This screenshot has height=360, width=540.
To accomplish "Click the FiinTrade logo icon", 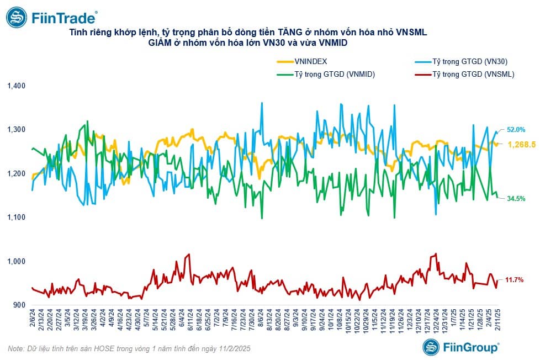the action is pyautogui.click(x=17, y=17).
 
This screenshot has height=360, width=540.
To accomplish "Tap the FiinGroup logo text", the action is pyautogui.click(x=470, y=347).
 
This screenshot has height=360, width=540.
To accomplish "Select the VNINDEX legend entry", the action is pyautogui.click(x=302, y=62).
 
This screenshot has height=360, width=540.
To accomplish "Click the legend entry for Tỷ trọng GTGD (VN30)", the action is pyautogui.click(x=461, y=62).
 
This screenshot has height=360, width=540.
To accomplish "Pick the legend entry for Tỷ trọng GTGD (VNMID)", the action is pyautogui.click(x=326, y=74).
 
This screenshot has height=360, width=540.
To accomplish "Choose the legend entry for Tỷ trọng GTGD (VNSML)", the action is pyautogui.click(x=464, y=74).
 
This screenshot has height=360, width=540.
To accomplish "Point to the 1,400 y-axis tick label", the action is pyautogui.click(x=16, y=86).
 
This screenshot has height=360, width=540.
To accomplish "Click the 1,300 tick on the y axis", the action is pyautogui.click(x=16, y=130).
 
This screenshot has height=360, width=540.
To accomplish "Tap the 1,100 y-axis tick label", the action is pyautogui.click(x=16, y=218).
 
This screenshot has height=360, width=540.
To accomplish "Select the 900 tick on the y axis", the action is pyautogui.click(x=19, y=305).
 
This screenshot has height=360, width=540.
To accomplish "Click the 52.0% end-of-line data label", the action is pyautogui.click(x=516, y=130).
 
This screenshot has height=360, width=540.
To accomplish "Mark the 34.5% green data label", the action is pyautogui.click(x=516, y=198).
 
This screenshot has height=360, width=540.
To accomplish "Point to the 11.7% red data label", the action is pyautogui.click(x=514, y=280).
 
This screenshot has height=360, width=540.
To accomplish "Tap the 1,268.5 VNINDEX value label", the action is pyautogui.click(x=521, y=144).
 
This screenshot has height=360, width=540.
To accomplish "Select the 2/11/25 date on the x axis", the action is pyautogui.click(x=497, y=319).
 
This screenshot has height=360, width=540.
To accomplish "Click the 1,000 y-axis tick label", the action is pyautogui.click(x=16, y=261).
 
